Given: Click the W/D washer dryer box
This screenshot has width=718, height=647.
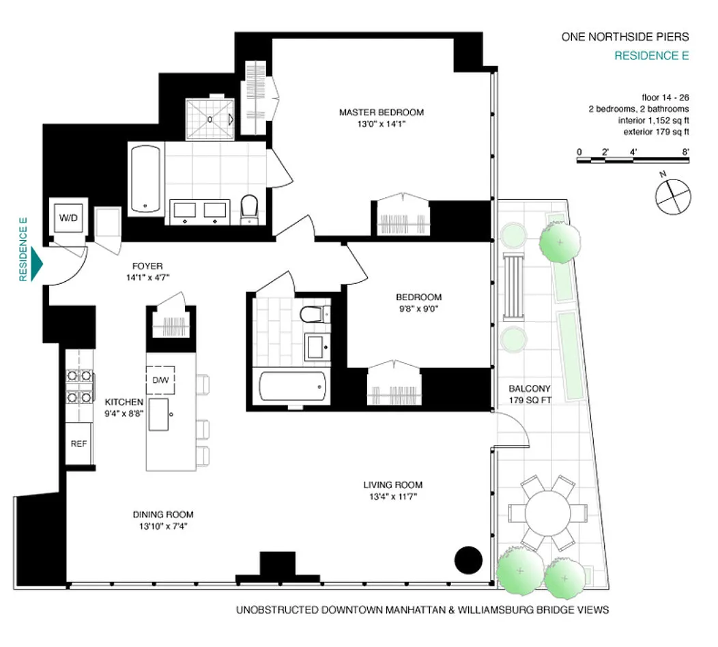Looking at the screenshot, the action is click(68, 218).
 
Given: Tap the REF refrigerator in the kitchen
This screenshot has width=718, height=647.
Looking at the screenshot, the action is click(78, 443).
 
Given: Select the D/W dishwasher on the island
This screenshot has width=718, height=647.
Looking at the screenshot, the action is click(160, 380).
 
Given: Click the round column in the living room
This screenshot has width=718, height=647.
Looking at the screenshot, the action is click(468, 560).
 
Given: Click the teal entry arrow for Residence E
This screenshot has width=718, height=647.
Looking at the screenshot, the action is click(37, 263).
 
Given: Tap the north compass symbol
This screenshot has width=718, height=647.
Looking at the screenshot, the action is click(673, 197).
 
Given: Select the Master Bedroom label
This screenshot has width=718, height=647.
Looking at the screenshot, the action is click(382, 112).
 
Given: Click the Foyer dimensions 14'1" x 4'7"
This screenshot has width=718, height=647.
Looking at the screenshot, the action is click(148, 278).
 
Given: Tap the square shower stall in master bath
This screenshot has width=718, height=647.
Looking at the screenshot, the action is click(210, 119).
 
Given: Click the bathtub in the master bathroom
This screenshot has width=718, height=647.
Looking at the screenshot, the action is click(145, 179).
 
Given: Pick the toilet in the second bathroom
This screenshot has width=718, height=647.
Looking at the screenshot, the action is click(315, 314).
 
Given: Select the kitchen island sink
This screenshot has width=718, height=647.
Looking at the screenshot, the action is click(158, 414).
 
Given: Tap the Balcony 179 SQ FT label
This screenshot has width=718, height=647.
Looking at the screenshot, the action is click(530, 394).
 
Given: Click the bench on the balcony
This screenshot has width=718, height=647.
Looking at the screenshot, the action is click(513, 286).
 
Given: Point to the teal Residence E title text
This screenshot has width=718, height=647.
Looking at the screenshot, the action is click(652, 56).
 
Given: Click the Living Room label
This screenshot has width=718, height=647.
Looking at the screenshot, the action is click(393, 485).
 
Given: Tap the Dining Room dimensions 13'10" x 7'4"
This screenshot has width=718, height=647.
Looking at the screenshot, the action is click(164, 527).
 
